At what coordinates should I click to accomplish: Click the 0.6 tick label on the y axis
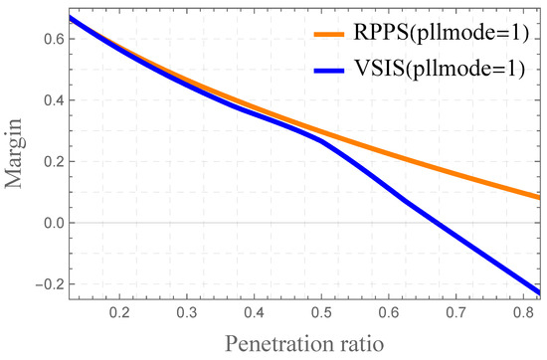[51, 39]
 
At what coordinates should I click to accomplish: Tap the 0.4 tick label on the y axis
[51, 100]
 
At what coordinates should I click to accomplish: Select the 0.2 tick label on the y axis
[51, 162]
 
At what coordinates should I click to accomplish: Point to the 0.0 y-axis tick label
[51, 224]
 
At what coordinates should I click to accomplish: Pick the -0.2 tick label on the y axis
[47, 284]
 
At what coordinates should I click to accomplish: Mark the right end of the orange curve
[539, 197]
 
